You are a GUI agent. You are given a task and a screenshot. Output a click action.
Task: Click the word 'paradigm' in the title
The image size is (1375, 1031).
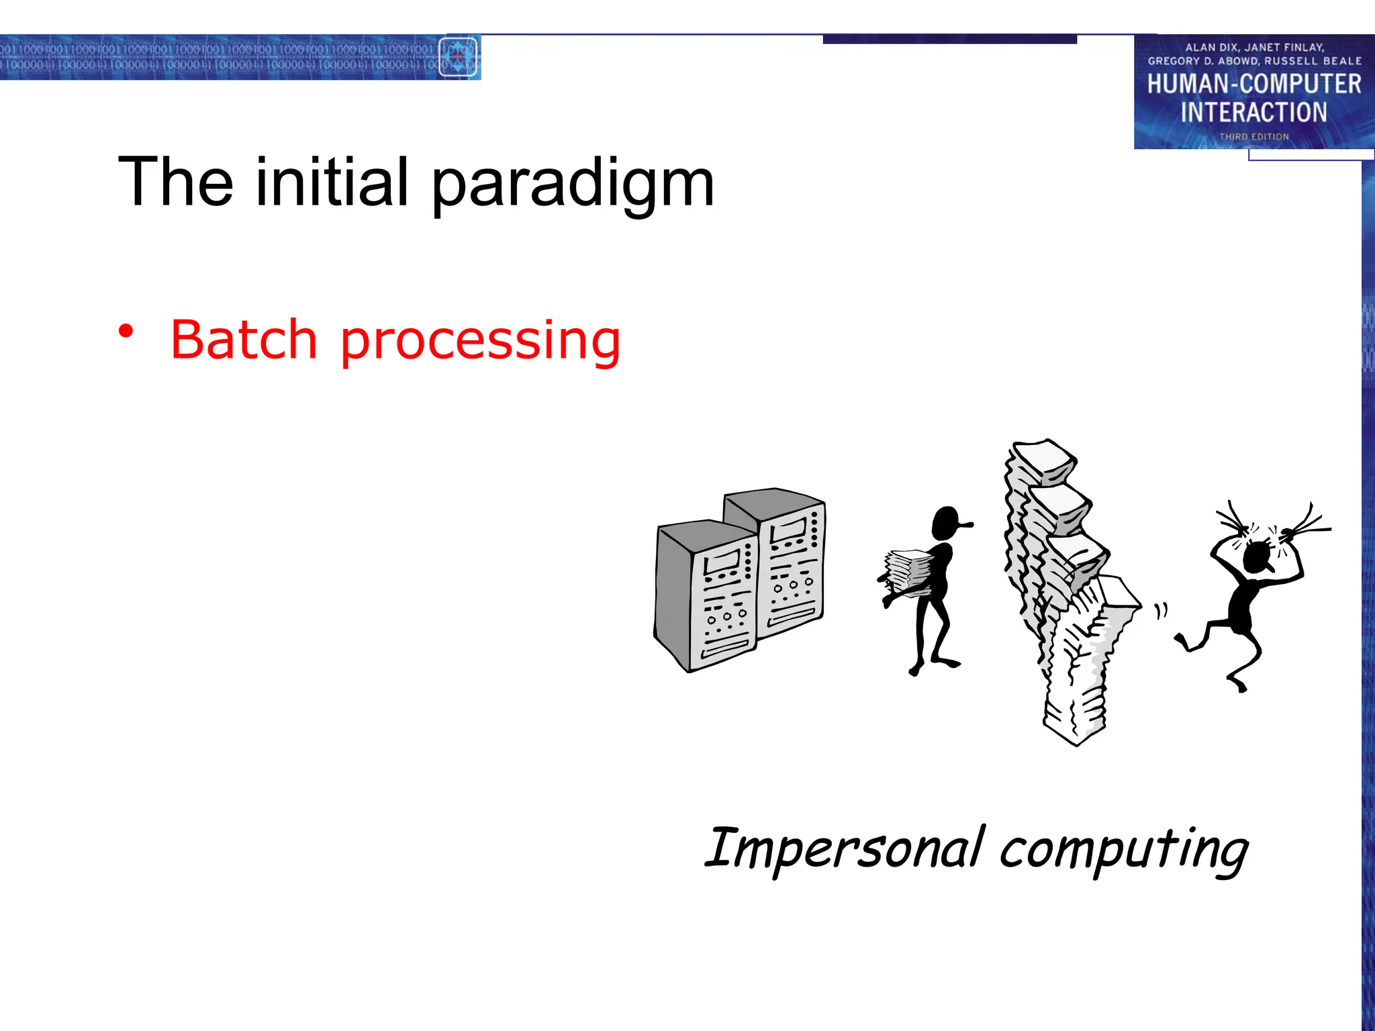[572, 185]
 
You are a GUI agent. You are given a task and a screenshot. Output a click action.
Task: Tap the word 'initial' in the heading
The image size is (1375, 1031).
[332, 182]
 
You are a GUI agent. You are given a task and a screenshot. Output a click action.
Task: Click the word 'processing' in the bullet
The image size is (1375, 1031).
[480, 342]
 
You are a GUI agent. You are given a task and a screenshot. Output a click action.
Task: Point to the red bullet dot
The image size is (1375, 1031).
[126, 331]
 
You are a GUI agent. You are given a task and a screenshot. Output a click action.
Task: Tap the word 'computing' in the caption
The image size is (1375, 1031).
[1124, 851]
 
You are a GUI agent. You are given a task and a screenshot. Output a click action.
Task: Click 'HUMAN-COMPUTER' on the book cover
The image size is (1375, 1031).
[1253, 85]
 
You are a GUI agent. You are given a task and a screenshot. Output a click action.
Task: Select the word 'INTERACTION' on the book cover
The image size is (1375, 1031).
[1253, 112]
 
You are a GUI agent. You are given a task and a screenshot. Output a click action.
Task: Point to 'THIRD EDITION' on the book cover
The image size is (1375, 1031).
[1253, 137]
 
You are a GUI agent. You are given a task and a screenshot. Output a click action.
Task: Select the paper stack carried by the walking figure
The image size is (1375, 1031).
[907, 574]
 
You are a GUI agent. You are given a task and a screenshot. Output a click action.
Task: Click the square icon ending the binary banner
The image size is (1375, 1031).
[458, 57]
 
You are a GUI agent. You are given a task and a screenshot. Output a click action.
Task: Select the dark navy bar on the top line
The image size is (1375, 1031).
[949, 40]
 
